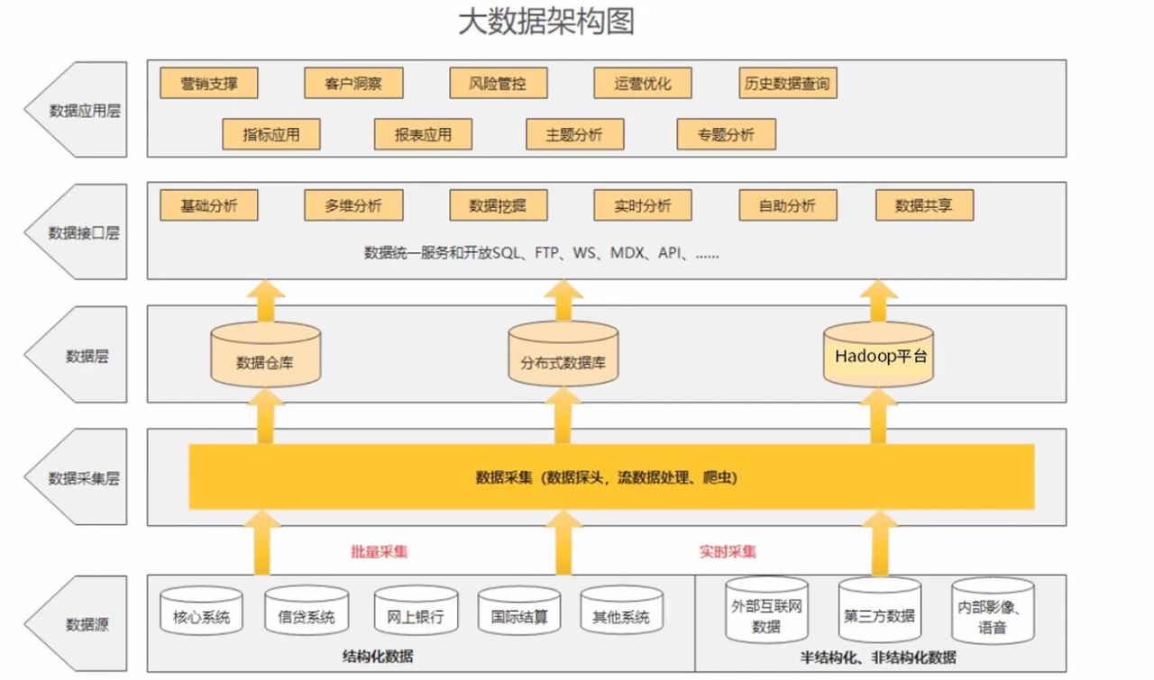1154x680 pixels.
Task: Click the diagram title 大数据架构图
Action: [x=546, y=22]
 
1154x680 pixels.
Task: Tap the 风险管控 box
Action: [x=498, y=84]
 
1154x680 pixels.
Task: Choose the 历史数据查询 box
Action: [x=787, y=84]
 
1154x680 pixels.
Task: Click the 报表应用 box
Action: [x=423, y=135]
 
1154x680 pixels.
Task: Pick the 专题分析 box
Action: [x=726, y=135]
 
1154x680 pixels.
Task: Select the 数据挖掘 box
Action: [x=498, y=205]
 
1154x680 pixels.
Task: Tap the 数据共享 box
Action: [x=923, y=205]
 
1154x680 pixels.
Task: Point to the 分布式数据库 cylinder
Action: [x=563, y=360]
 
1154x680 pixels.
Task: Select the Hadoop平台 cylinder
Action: [x=880, y=357]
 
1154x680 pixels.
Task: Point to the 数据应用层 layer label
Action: [x=85, y=112]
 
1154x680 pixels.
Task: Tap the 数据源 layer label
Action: [x=87, y=623]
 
